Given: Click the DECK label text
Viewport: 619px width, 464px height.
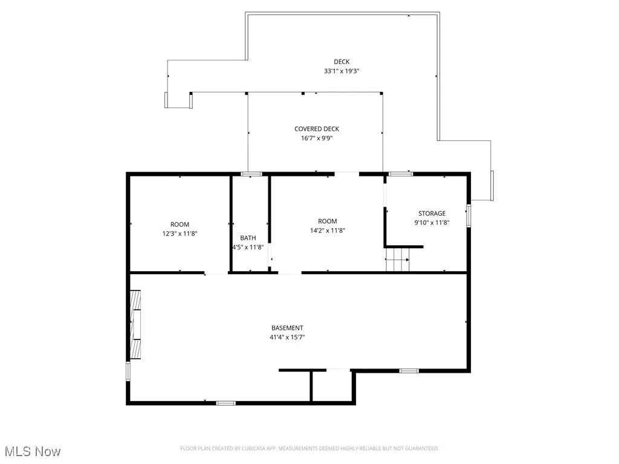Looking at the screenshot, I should click(x=342, y=62).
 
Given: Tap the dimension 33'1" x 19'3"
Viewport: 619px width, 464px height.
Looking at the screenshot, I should click(x=342, y=71).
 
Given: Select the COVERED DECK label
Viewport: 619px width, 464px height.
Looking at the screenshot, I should click(x=317, y=129).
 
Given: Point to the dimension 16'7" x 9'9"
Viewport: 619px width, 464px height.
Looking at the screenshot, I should click(x=317, y=138).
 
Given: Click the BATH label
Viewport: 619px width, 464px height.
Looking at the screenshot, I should click(x=248, y=237).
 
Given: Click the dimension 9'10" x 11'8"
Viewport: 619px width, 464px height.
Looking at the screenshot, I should click(x=432, y=222).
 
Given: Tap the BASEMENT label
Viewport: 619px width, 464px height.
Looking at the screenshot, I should click(x=287, y=328).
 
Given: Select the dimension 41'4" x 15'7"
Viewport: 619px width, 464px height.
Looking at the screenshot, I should click(x=287, y=338).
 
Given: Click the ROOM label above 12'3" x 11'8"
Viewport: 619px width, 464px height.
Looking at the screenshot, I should click(x=180, y=224).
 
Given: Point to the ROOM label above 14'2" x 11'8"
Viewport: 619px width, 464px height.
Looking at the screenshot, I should click(x=328, y=221).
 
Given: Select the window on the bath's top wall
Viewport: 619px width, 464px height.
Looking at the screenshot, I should click(x=251, y=174).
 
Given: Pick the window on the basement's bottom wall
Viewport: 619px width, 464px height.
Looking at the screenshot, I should click(x=226, y=402).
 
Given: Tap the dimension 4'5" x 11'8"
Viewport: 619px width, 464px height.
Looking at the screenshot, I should click(x=248, y=247).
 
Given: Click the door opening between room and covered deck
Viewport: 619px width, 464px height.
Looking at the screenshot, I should click(x=347, y=174).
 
